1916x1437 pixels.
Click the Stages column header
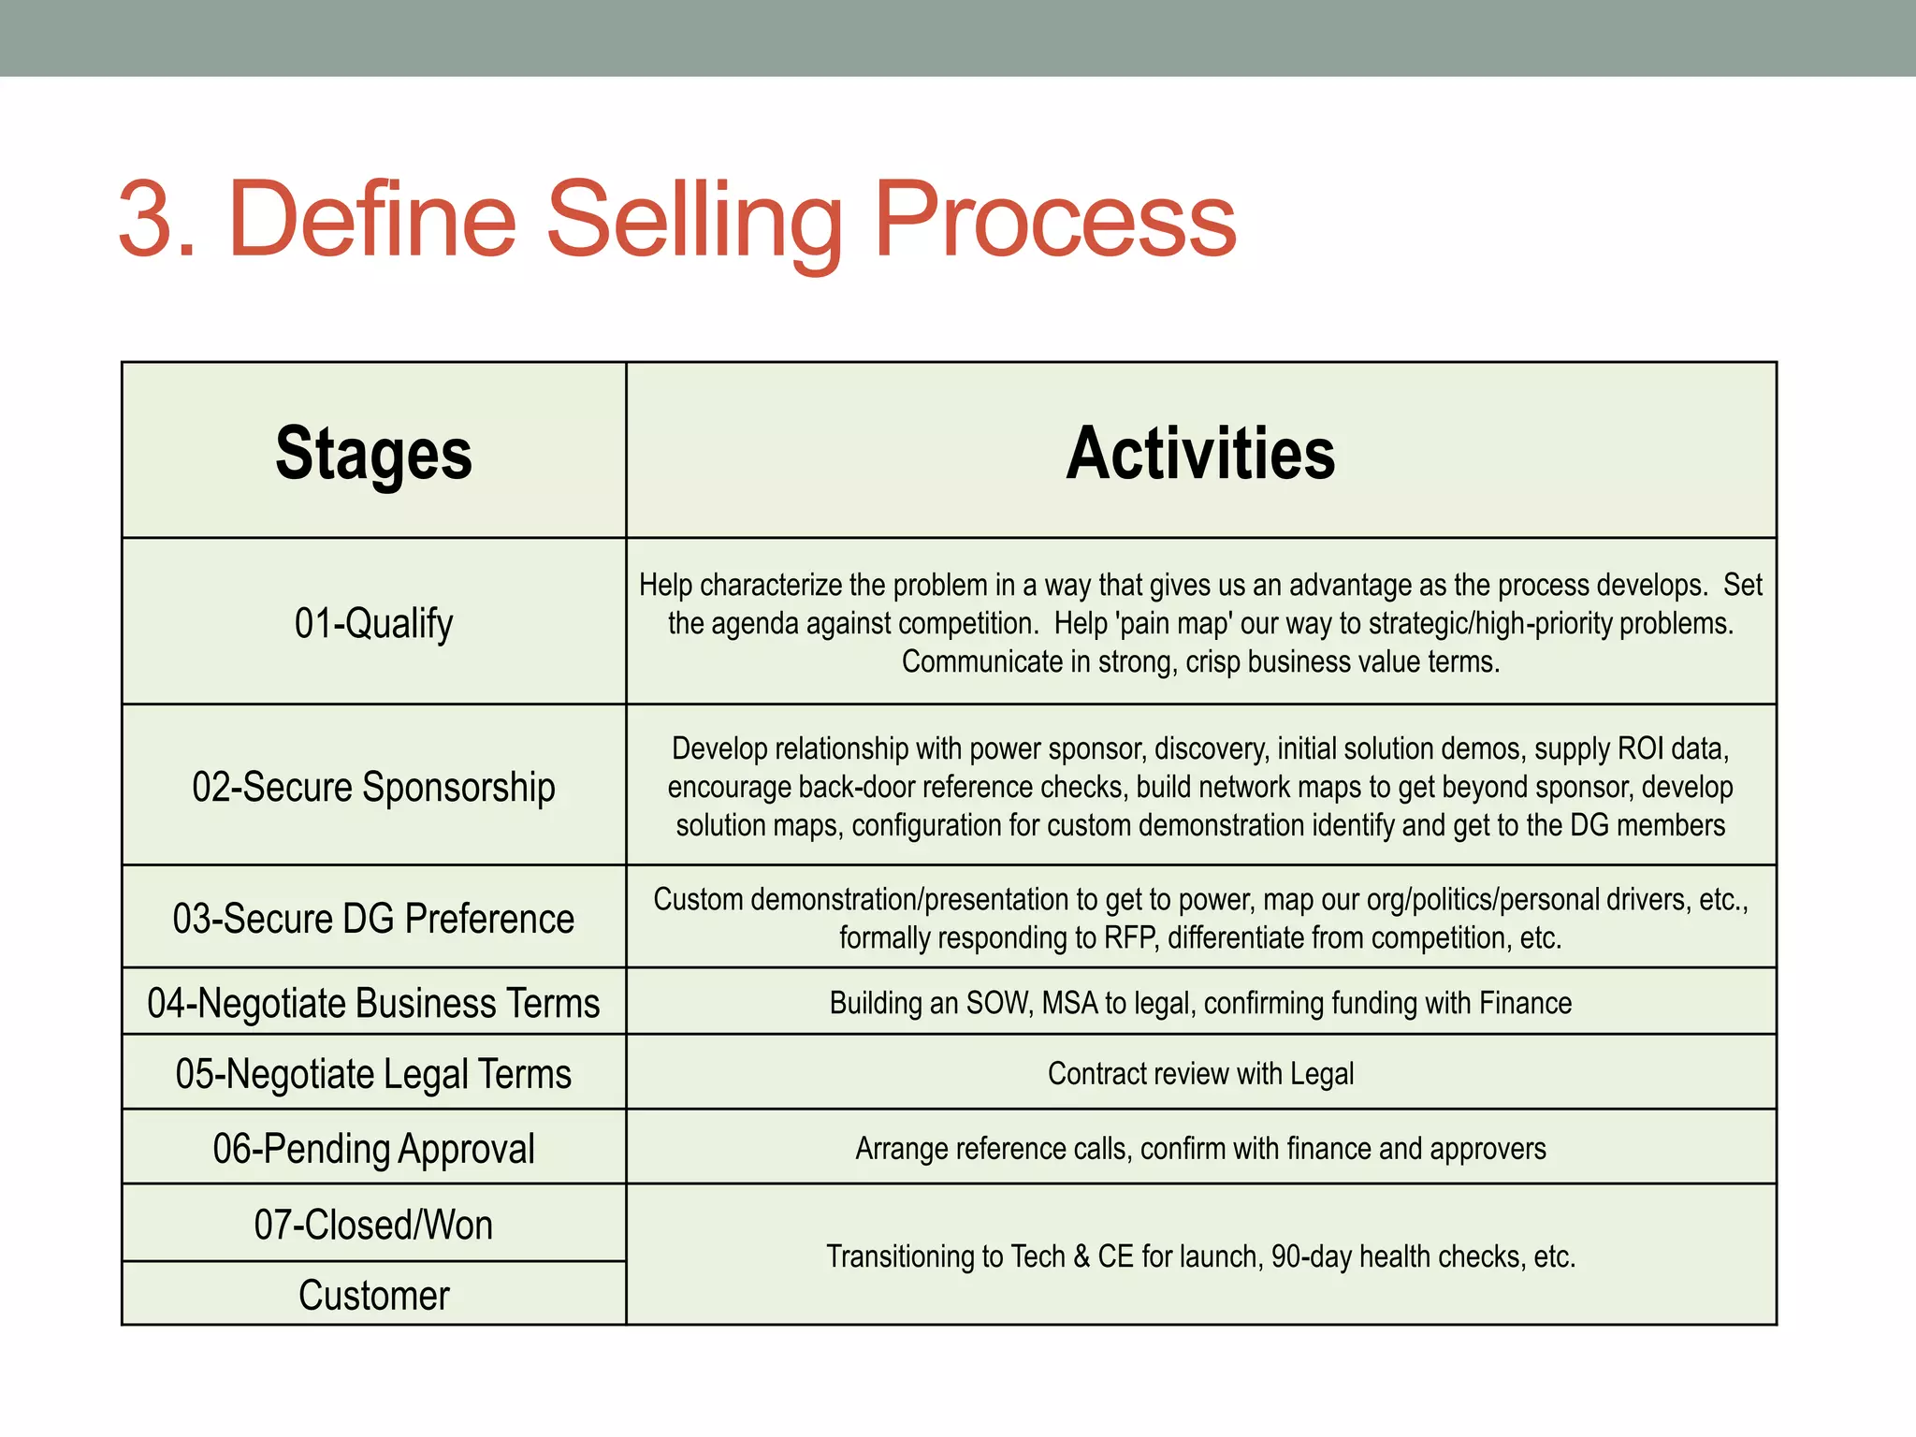(373, 454)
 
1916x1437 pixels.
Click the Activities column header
(1200, 454)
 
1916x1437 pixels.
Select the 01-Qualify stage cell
(373, 623)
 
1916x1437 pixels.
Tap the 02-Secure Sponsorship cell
(373, 787)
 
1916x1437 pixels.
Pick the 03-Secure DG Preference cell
(373, 919)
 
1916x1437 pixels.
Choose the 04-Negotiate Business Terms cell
(373, 1003)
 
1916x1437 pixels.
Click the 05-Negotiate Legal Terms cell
(373, 1074)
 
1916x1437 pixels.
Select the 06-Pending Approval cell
(373, 1149)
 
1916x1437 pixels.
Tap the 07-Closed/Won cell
(373, 1225)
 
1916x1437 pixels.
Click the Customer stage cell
(373, 1296)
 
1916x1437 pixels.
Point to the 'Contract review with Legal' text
(1200, 1074)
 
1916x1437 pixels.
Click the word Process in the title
(1054, 221)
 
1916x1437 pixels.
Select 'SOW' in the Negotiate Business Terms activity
(997, 1003)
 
